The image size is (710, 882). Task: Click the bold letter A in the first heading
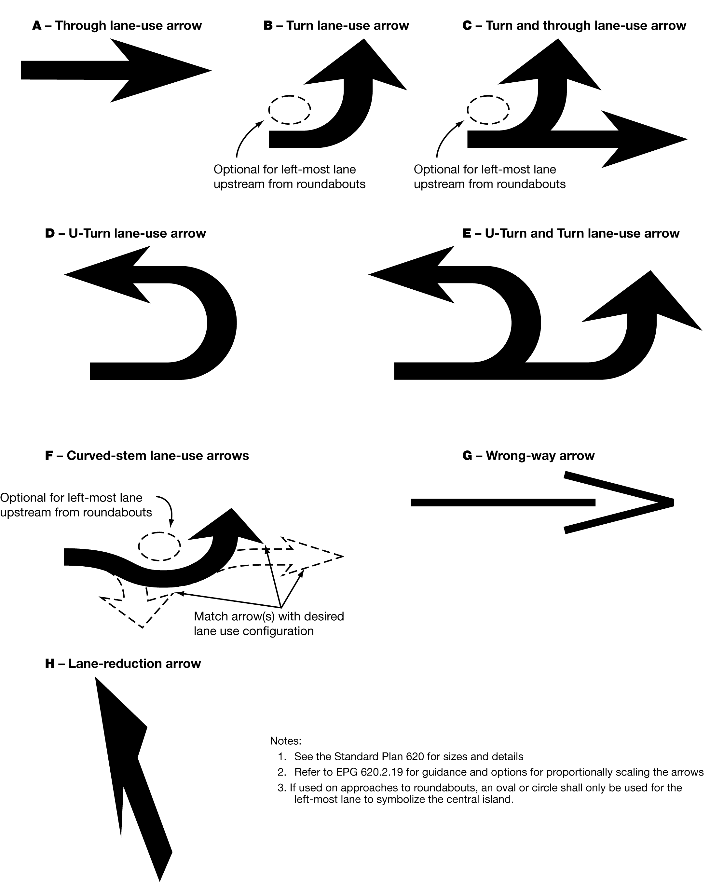(x=37, y=26)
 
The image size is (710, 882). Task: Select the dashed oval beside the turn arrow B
(x=290, y=110)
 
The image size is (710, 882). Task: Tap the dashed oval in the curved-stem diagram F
(x=159, y=546)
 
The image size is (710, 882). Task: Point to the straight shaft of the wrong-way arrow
(x=503, y=503)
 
